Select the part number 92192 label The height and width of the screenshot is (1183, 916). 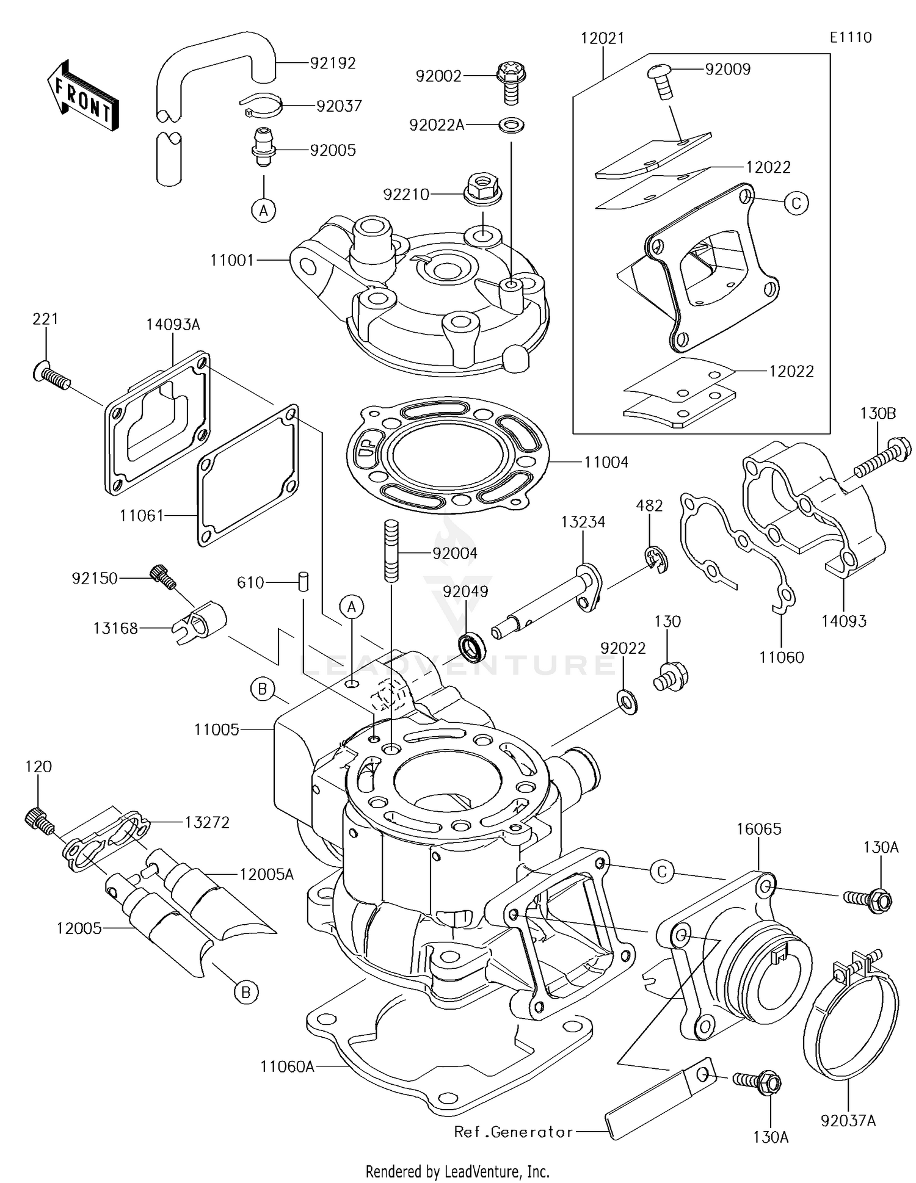pos(332,63)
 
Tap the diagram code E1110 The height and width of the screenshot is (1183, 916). pos(850,37)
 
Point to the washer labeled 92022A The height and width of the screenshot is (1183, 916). pos(511,126)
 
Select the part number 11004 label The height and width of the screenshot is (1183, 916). pos(606,462)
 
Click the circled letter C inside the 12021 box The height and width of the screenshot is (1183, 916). pos(795,203)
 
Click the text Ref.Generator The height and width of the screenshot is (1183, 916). pos(513,1132)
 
